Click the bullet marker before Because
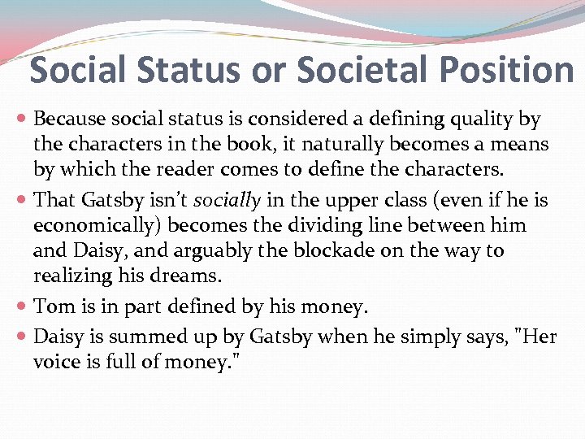click(x=23, y=120)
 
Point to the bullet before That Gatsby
click(x=23, y=200)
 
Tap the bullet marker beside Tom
click(x=23, y=306)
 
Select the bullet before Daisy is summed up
click(x=23, y=336)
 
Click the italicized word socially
click(x=228, y=200)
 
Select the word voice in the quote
click(x=58, y=361)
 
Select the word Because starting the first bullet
click(x=69, y=120)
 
